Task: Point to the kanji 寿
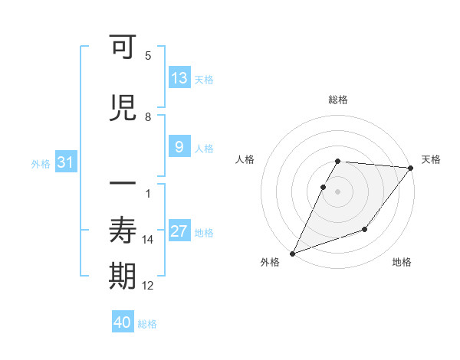(123, 231)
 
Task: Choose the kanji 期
(123, 277)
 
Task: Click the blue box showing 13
(179, 78)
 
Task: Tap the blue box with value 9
(179, 147)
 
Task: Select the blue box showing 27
(179, 232)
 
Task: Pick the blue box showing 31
(66, 162)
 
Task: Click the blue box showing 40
(123, 322)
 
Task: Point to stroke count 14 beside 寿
(148, 240)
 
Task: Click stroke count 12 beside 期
(148, 286)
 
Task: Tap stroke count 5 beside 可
(148, 56)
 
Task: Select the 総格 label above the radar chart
(338, 100)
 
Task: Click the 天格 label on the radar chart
(431, 159)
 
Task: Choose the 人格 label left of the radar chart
(245, 159)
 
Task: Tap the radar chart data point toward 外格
(292, 254)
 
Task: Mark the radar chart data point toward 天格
(411, 168)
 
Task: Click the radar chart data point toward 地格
(365, 229)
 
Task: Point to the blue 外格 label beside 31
(41, 163)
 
